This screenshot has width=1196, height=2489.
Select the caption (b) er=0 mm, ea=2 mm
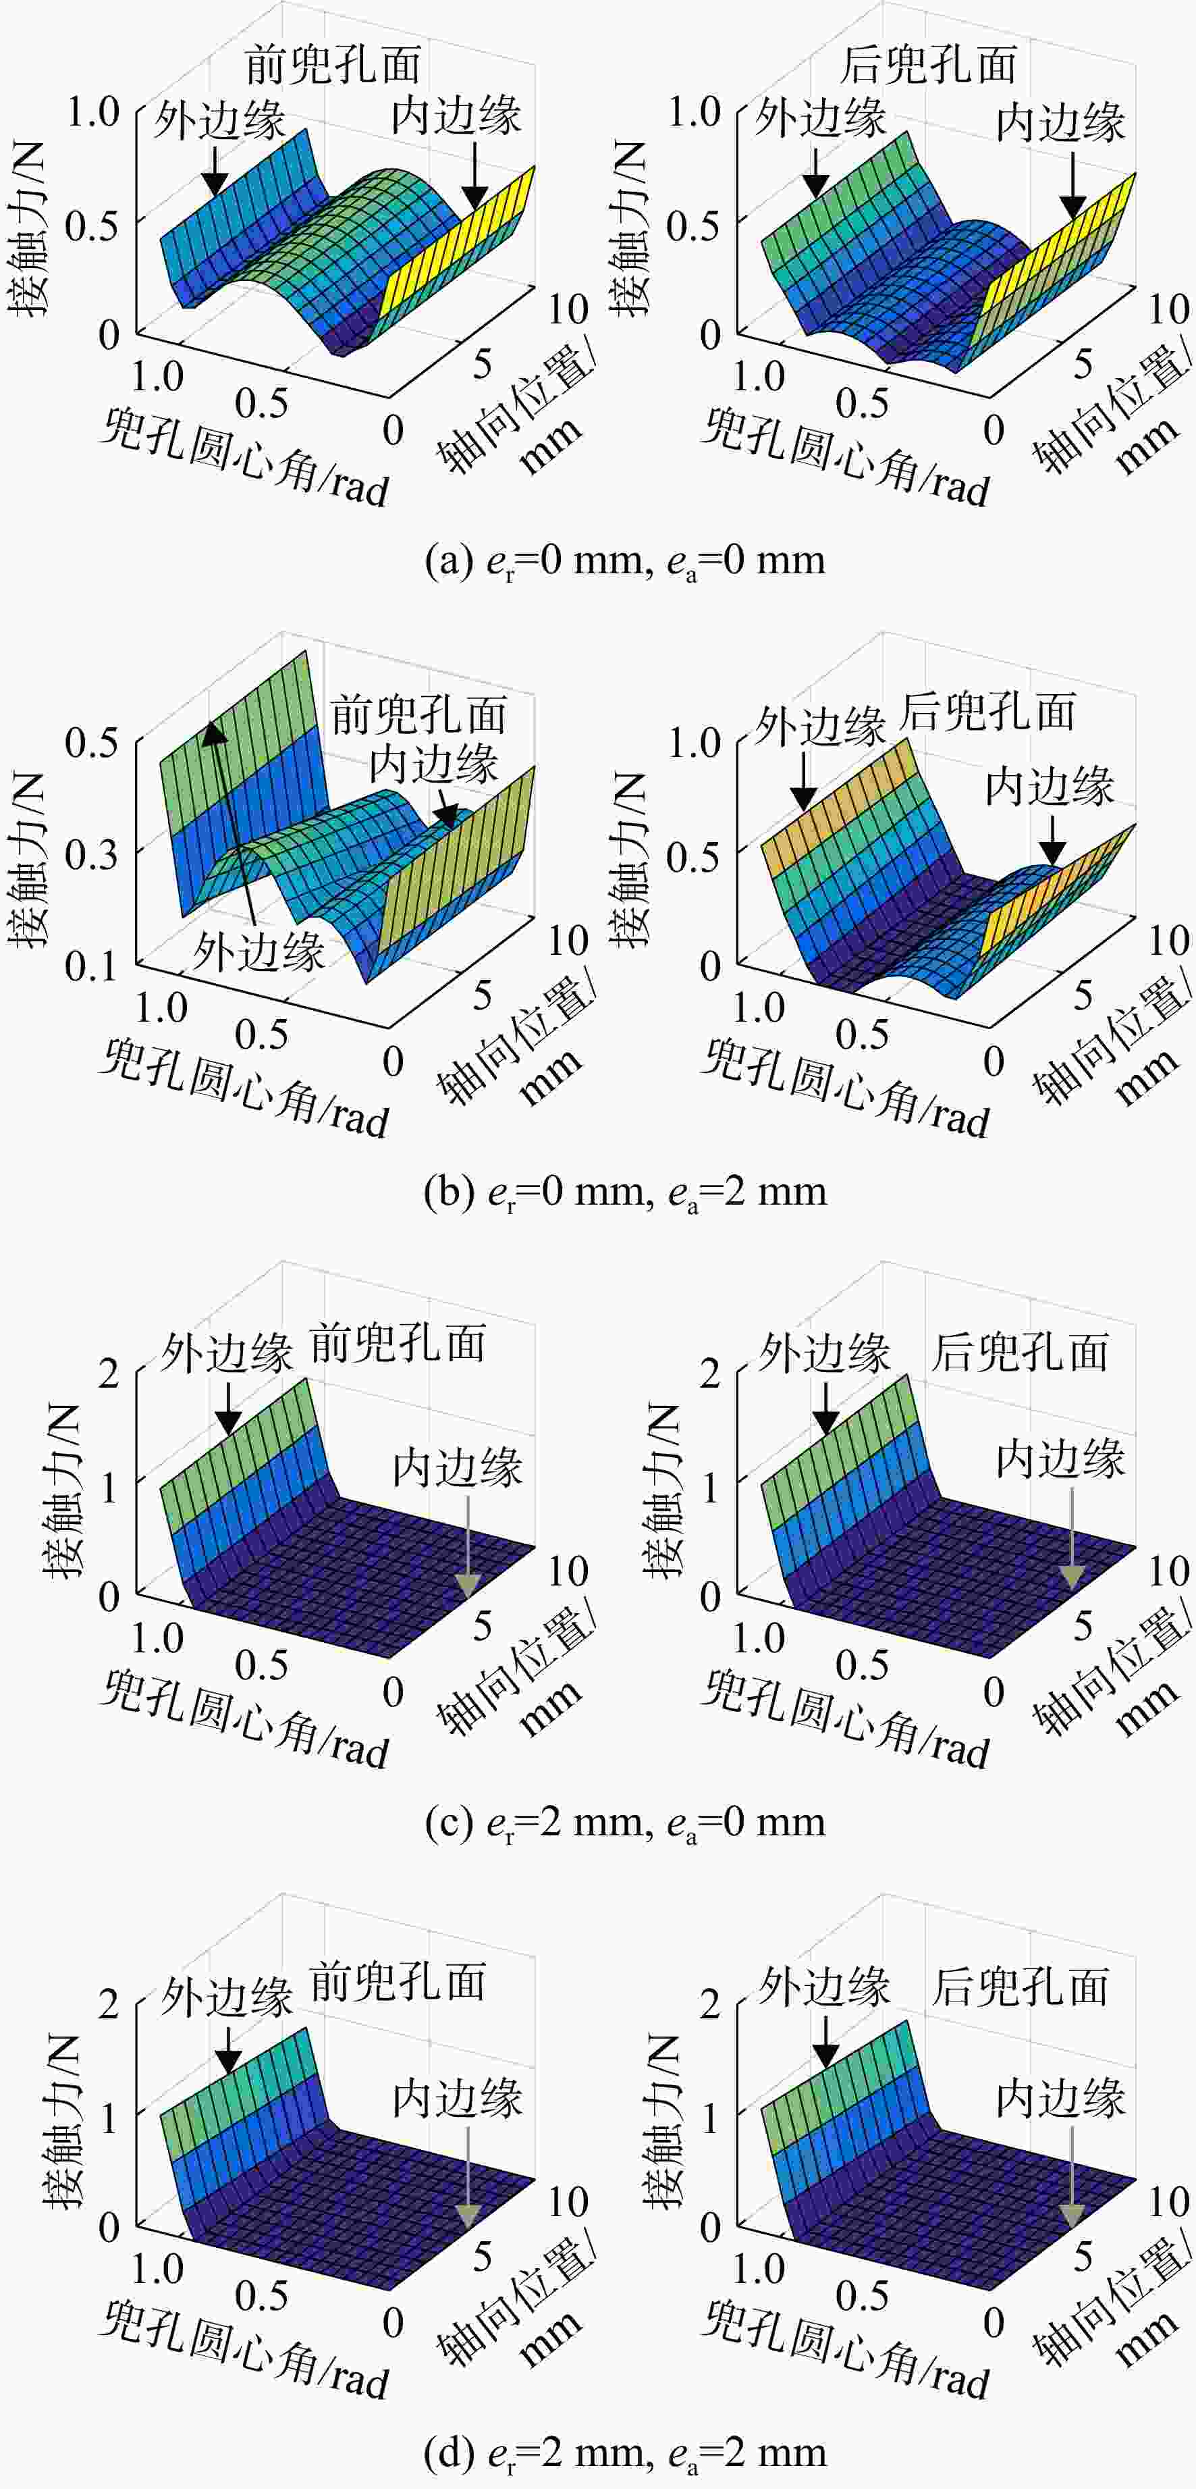tap(625, 1191)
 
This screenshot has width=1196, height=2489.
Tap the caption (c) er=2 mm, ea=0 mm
tap(625, 1823)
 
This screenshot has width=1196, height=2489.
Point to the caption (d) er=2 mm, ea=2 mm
tap(625, 2453)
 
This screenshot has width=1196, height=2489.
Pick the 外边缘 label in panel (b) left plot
tap(259, 951)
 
